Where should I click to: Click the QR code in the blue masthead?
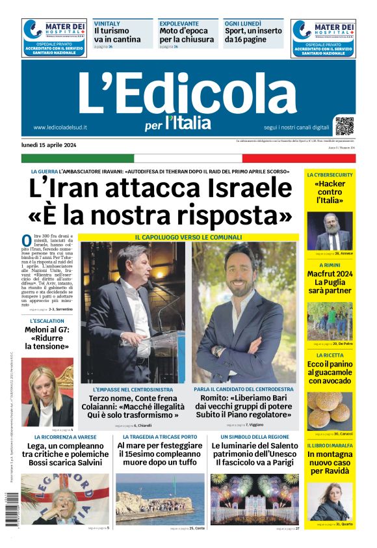point(344,125)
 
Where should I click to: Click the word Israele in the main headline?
point(250,188)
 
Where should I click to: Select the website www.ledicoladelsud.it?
point(60,128)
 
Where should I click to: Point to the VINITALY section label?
point(107,23)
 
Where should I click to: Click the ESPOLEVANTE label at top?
point(179,23)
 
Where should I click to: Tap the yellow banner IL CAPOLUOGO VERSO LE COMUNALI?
point(188,237)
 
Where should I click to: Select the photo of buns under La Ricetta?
point(330,409)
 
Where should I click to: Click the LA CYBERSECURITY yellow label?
point(330,175)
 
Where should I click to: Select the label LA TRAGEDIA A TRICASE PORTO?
point(160,437)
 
